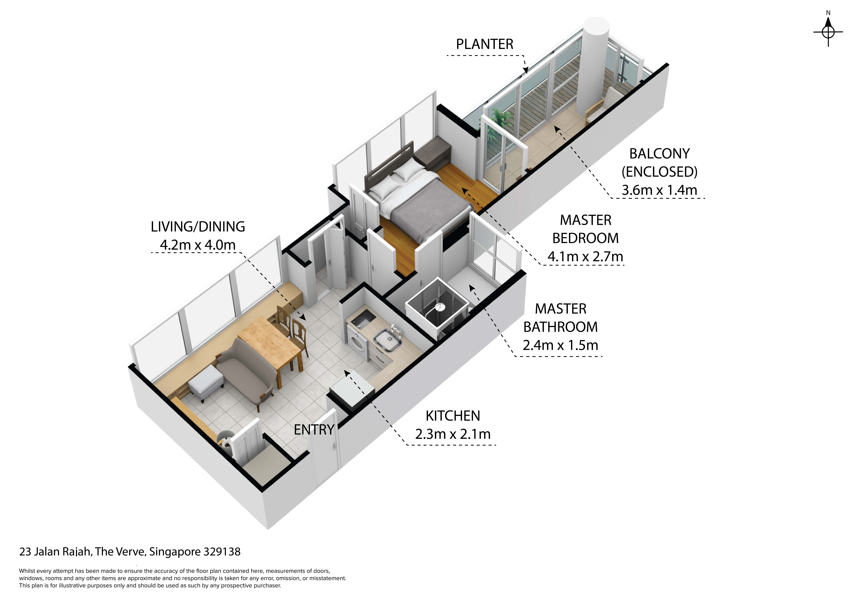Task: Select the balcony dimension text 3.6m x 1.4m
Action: pyautogui.click(x=659, y=190)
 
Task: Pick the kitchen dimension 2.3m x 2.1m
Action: pyautogui.click(x=453, y=434)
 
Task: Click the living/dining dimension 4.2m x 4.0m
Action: pyautogui.click(x=198, y=245)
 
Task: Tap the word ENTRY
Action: pyautogui.click(x=314, y=430)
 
